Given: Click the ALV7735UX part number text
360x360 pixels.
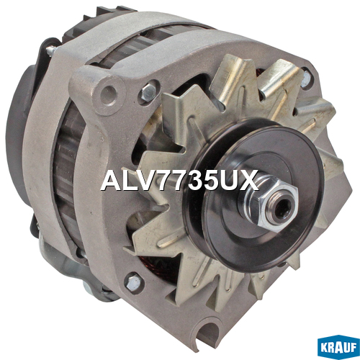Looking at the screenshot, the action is coord(179,181).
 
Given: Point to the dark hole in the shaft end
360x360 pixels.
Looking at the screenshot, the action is coord(284,207).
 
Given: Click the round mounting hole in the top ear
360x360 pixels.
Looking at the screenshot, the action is coord(109,94).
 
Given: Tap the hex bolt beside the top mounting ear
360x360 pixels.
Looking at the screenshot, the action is coord(148,91).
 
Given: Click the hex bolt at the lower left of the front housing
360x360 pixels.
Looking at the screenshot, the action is coord(132,282).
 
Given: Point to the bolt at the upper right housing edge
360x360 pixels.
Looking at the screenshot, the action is coord(306,78).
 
